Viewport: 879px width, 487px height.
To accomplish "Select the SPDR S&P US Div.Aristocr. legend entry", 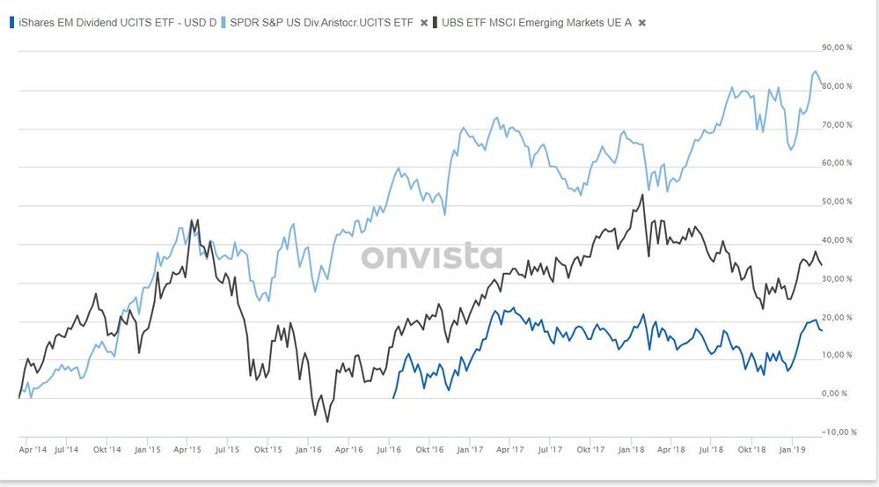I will pyautogui.click(x=322, y=21).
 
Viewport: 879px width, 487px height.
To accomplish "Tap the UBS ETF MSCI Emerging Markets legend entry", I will pyautogui.click(x=534, y=21).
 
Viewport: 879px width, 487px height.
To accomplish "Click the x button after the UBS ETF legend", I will pyautogui.click(x=641, y=21).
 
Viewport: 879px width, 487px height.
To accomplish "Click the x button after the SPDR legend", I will pyautogui.click(x=424, y=21).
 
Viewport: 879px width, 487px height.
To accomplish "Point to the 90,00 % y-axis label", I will pyautogui.click(x=836, y=48).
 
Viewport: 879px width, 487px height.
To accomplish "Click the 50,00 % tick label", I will pyautogui.click(x=836, y=202).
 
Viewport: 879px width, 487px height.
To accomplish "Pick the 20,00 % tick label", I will pyautogui.click(x=836, y=317).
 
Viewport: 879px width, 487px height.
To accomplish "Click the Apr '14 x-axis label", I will pyautogui.click(x=33, y=450).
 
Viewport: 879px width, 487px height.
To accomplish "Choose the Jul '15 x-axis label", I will pyautogui.click(x=227, y=450).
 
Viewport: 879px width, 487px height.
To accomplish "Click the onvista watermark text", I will pyautogui.click(x=431, y=256).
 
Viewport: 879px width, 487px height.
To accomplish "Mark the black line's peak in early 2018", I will pyautogui.click(x=643, y=196).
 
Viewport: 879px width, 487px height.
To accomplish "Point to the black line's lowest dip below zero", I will pyautogui.click(x=327, y=422).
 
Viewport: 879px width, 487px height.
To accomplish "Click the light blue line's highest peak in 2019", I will pyautogui.click(x=815, y=71).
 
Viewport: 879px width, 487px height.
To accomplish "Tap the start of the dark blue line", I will pyautogui.click(x=392, y=398).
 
